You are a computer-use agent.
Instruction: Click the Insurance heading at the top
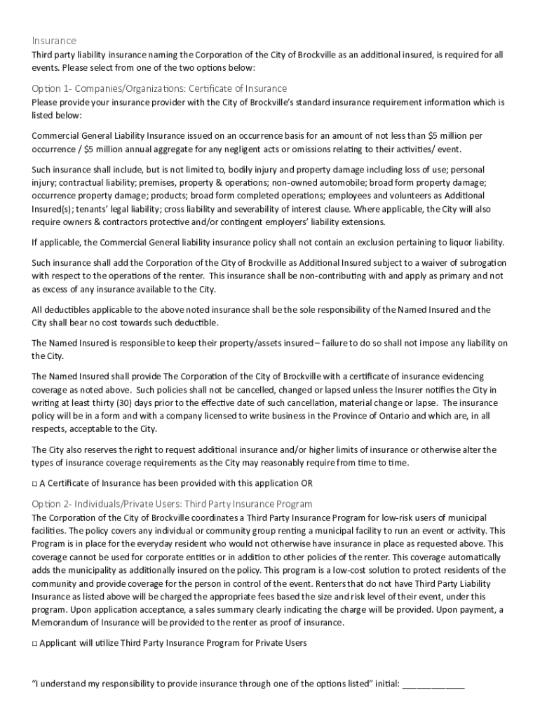[x=54, y=41]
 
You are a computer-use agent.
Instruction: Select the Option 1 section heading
[x=159, y=88]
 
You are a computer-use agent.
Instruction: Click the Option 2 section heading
[x=172, y=503]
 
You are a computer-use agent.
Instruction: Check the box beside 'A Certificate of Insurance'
[x=35, y=483]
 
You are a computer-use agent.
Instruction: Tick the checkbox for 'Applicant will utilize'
[x=35, y=642]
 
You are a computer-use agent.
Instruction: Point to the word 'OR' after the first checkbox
[x=307, y=483]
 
